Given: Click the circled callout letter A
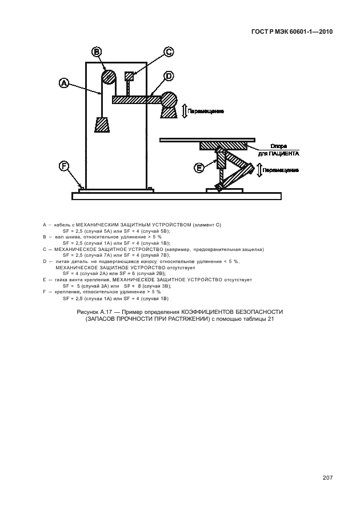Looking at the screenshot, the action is coord(63,83).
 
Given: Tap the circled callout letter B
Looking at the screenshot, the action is coord(97,51).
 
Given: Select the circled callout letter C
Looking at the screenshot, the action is coord(169,52).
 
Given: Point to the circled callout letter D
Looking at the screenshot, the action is coord(169,76).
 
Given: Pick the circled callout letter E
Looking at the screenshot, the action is coord(199,168).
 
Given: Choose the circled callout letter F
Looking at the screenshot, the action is coord(63,166).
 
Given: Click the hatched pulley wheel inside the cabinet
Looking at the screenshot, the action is coord(109,78).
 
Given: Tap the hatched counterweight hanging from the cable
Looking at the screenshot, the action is coord(102,125).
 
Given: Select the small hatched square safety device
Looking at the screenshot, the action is coord(129,76).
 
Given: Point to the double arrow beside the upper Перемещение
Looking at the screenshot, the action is coord(184,111).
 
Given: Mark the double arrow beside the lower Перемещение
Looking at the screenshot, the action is coord(259,170).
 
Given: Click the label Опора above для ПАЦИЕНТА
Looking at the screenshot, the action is coord(278,146).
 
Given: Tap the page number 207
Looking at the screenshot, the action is coord(327,478).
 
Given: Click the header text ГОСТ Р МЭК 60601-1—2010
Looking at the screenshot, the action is coord(292,32).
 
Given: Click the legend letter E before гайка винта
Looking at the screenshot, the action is coord(44,280).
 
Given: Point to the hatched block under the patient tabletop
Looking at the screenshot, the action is coord(223,146).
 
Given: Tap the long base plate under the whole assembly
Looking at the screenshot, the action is coord(177,196).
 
